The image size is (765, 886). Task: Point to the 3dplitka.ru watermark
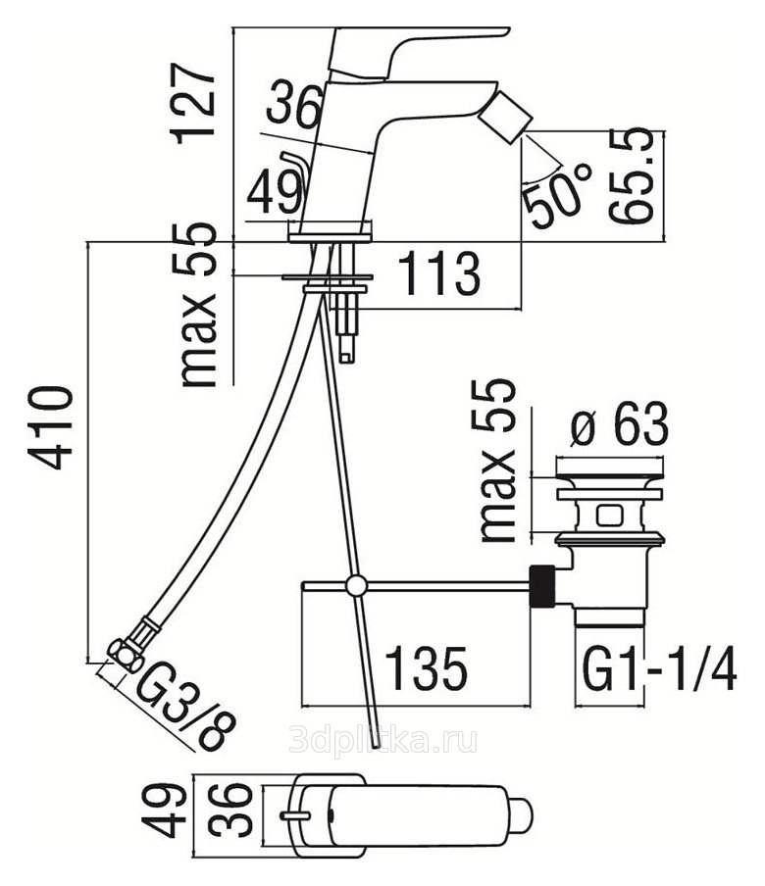pyautogui.click(x=383, y=740)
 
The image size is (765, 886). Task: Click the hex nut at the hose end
pyautogui.click(x=124, y=651)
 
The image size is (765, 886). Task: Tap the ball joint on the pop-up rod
pyautogui.click(x=356, y=586)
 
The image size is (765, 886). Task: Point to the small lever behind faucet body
pyautogui.click(x=295, y=167)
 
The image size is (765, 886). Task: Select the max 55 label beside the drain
pyautogui.click(x=500, y=461)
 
